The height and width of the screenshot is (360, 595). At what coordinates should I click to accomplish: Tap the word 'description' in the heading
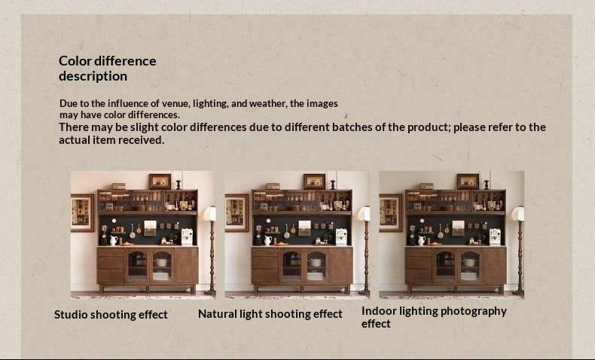click(x=93, y=76)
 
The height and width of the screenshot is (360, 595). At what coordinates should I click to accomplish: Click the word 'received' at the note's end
click(x=140, y=139)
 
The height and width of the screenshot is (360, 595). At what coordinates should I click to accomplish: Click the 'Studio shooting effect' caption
click(x=111, y=314)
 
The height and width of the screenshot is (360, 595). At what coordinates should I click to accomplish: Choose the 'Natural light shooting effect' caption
click(x=270, y=313)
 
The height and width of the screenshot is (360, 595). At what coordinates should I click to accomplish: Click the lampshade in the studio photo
click(x=209, y=213)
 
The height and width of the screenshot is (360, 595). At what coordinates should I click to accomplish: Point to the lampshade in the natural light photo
click(x=364, y=213)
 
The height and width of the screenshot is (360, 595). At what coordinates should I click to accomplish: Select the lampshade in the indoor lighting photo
click(x=517, y=213)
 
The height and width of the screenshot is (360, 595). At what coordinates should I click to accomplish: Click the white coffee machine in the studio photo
click(x=187, y=236)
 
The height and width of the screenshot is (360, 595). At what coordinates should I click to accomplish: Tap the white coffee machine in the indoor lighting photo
click(x=495, y=236)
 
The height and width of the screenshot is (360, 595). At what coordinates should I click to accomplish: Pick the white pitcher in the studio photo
click(x=114, y=240)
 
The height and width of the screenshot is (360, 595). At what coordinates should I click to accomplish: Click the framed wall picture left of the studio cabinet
click(x=82, y=212)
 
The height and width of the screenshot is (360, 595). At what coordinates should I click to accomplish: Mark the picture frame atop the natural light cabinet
click(x=314, y=181)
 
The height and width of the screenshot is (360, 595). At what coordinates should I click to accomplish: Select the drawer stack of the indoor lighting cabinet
click(x=419, y=265)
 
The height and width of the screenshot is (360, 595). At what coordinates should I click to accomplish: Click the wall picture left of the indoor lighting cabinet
click(x=390, y=212)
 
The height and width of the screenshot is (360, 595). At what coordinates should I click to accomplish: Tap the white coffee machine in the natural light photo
click(x=341, y=236)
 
